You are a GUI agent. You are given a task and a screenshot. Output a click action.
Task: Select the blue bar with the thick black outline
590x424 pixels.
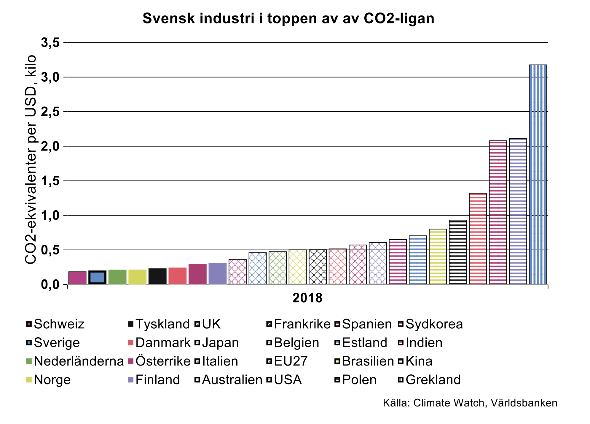97,278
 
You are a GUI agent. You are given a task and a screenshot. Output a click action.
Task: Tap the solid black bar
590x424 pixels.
157,276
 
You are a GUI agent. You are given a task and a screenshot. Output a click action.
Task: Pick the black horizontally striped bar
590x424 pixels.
458,252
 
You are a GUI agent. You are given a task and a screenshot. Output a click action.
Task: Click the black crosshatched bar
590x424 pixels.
318,267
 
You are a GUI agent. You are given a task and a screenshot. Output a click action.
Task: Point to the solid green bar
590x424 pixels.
117,277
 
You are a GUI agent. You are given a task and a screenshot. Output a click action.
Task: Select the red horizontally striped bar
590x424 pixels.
478,239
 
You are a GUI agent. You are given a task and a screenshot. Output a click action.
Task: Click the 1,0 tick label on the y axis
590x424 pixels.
50,216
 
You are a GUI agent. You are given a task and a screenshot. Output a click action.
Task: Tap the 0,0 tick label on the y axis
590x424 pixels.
50,285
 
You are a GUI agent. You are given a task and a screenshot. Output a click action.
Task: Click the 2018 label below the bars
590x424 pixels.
307,298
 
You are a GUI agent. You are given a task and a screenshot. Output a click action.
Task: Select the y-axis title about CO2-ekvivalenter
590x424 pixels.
31,160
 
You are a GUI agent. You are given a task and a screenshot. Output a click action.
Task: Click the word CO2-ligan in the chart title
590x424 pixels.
399,18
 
